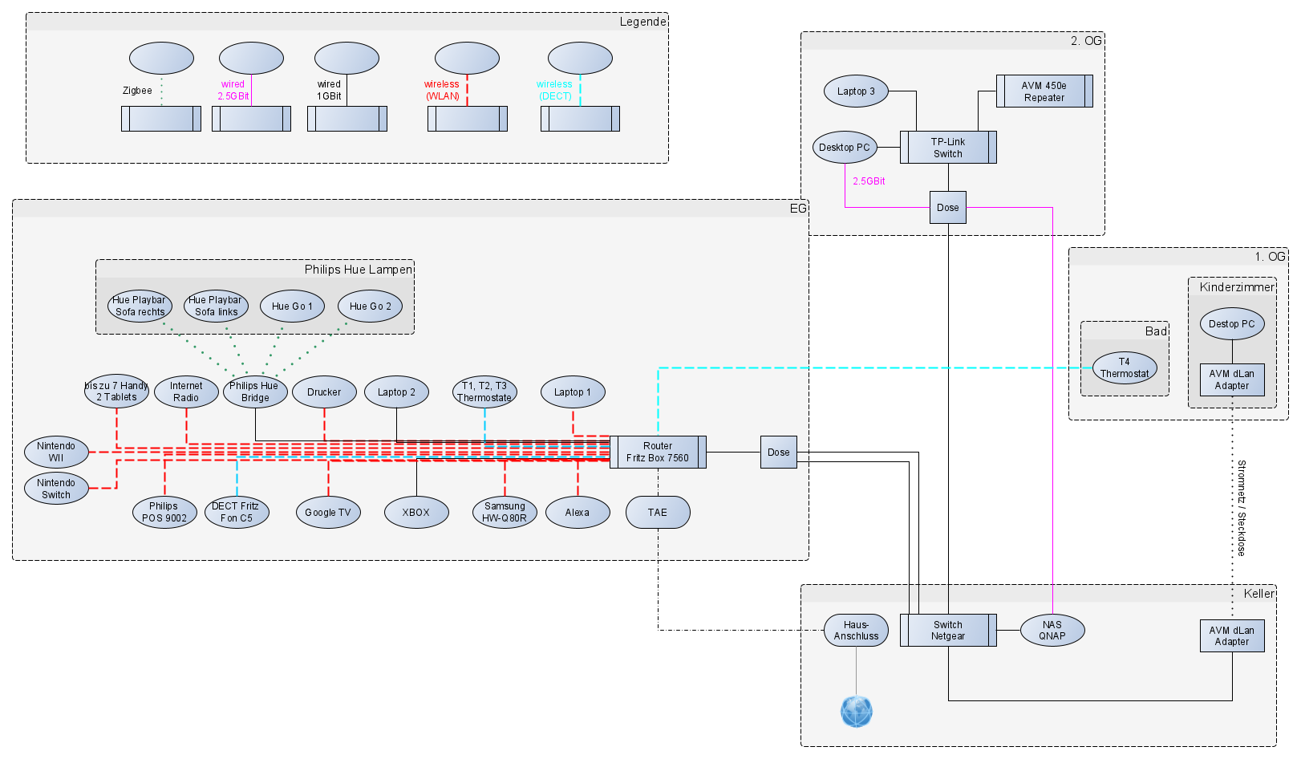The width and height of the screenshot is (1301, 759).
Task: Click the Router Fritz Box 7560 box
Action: click(x=658, y=453)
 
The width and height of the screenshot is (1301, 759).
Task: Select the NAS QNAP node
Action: click(x=1052, y=631)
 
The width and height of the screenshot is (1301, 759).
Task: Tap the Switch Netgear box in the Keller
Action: click(x=948, y=631)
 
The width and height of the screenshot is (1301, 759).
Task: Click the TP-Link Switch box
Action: click(x=948, y=148)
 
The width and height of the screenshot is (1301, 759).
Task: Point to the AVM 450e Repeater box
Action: click(x=1044, y=91)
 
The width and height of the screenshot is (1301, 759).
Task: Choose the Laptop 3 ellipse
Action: click(x=856, y=91)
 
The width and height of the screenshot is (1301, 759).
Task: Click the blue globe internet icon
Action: click(x=857, y=712)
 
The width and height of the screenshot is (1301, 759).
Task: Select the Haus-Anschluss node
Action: click(x=856, y=631)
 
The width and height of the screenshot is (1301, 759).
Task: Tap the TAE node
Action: click(x=658, y=513)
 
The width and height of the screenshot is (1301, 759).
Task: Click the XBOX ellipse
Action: click(x=416, y=513)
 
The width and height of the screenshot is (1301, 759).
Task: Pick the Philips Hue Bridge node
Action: click(x=255, y=392)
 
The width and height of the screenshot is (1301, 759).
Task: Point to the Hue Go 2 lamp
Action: click(x=370, y=306)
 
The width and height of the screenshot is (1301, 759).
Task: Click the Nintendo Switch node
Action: click(x=56, y=489)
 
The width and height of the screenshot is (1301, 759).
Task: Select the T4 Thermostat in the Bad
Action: click(x=1125, y=368)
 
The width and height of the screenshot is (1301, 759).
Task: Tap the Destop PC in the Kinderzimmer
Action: click(x=1232, y=324)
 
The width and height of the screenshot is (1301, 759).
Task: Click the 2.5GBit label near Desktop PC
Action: click(x=869, y=181)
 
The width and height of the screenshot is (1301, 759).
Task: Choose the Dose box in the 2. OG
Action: click(x=948, y=208)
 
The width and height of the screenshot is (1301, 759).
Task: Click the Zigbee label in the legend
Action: click(x=137, y=91)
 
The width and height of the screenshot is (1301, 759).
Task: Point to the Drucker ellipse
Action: click(x=324, y=392)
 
